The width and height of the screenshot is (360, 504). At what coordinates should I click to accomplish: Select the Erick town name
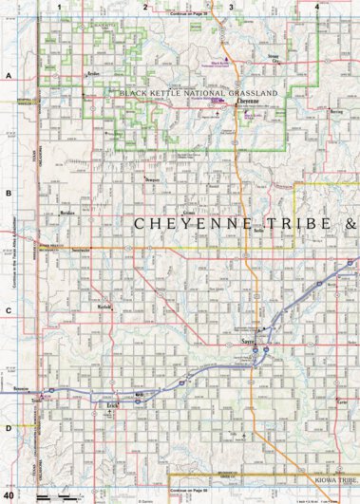112,405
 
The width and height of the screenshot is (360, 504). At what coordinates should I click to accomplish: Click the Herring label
336,110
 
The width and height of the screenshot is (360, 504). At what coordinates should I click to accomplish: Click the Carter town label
342,401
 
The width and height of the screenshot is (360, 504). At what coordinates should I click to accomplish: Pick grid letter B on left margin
8,194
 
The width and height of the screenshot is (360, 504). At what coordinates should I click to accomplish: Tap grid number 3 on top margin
231,6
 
